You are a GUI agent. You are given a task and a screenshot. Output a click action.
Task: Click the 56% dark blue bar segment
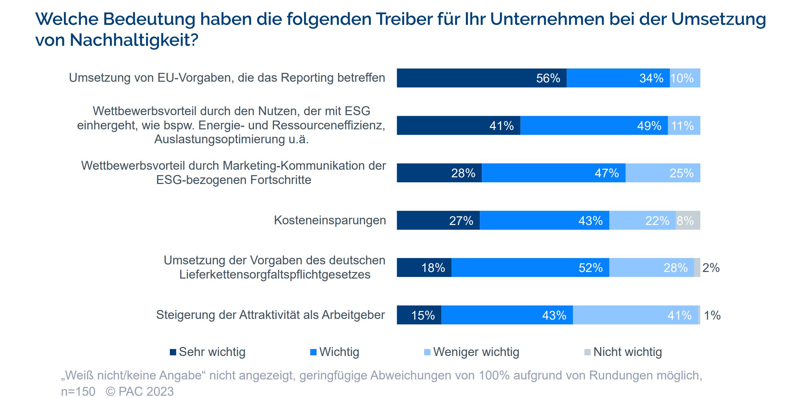(x=481, y=78)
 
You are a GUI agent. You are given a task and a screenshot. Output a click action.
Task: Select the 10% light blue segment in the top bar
(x=685, y=78)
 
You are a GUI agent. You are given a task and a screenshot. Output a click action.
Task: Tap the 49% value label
(x=649, y=126)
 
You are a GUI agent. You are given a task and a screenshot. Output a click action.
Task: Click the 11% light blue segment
(x=684, y=126)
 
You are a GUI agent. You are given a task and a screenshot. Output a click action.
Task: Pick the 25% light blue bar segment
(x=663, y=173)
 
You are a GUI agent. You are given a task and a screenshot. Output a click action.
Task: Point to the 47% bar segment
(x=553, y=173)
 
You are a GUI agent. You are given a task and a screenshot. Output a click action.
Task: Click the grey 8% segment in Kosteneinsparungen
(x=688, y=220)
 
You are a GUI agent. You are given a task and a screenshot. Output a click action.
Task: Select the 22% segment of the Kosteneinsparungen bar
(x=642, y=220)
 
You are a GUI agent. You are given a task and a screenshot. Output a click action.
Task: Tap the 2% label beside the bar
(x=711, y=268)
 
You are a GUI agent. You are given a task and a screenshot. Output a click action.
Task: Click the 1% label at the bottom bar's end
(x=712, y=315)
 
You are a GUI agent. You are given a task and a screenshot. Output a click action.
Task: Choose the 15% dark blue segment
(x=419, y=315)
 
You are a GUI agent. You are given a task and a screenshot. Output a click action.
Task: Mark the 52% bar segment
(x=530, y=268)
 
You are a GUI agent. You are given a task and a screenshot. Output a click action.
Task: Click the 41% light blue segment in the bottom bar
(x=635, y=315)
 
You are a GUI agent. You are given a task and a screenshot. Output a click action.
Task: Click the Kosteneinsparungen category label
(x=330, y=220)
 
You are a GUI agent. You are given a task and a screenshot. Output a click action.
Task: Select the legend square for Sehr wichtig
(x=173, y=352)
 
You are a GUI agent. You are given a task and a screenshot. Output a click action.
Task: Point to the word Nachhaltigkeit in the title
(x=134, y=40)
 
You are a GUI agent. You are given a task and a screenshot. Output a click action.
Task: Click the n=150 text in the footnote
(x=78, y=391)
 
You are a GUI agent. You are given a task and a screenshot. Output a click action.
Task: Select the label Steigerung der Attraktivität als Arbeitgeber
(x=270, y=315)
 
